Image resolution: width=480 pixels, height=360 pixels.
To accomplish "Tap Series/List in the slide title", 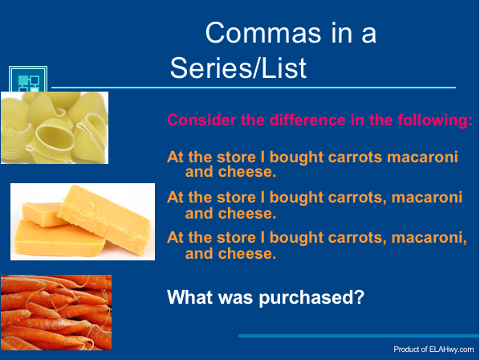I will click(x=238, y=68).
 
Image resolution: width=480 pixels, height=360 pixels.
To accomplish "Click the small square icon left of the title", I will click(x=28, y=82).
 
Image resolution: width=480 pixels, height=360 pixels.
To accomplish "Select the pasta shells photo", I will click(x=54, y=127).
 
